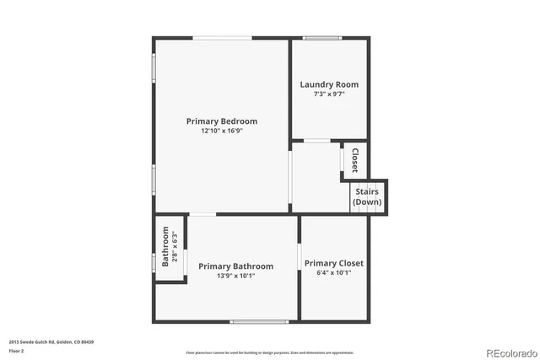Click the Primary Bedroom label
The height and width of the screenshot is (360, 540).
tap(222, 121)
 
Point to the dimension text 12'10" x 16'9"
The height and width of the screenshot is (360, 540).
tap(222, 132)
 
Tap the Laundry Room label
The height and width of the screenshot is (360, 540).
tap(329, 84)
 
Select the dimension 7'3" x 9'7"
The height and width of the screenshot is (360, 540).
tap(329, 94)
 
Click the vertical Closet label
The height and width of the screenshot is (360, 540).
tap(355, 159)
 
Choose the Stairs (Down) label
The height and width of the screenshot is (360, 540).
tap(367, 197)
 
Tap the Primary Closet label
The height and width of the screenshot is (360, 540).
tap(334, 263)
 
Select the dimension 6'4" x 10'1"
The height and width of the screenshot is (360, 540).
tap(334, 273)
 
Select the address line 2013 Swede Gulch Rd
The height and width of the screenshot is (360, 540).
tap(51, 341)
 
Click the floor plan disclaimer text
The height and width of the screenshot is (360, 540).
tap(270, 352)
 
